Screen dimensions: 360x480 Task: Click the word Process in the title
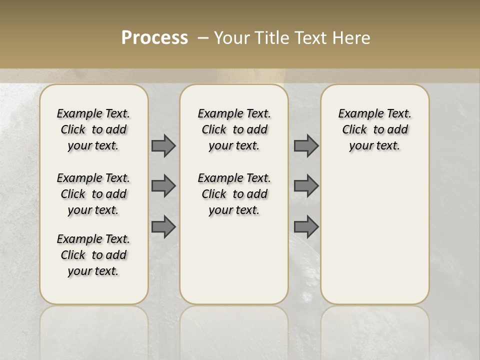154,38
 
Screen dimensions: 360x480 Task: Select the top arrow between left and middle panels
163,146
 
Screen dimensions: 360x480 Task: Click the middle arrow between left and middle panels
163,186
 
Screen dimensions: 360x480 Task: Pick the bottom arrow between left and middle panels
163,227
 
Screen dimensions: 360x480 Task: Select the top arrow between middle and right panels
306,146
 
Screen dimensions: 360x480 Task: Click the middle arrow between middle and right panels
306,186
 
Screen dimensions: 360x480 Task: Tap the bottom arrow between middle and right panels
306,227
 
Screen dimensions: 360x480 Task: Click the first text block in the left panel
93,129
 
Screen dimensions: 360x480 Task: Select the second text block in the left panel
93,194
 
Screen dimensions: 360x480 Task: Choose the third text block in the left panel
93,255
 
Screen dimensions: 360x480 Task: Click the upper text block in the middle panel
234,129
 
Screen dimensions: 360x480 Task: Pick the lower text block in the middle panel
234,194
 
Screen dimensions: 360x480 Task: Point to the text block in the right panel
374,129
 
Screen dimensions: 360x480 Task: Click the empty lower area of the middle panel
234,260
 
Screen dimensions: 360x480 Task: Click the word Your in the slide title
232,38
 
